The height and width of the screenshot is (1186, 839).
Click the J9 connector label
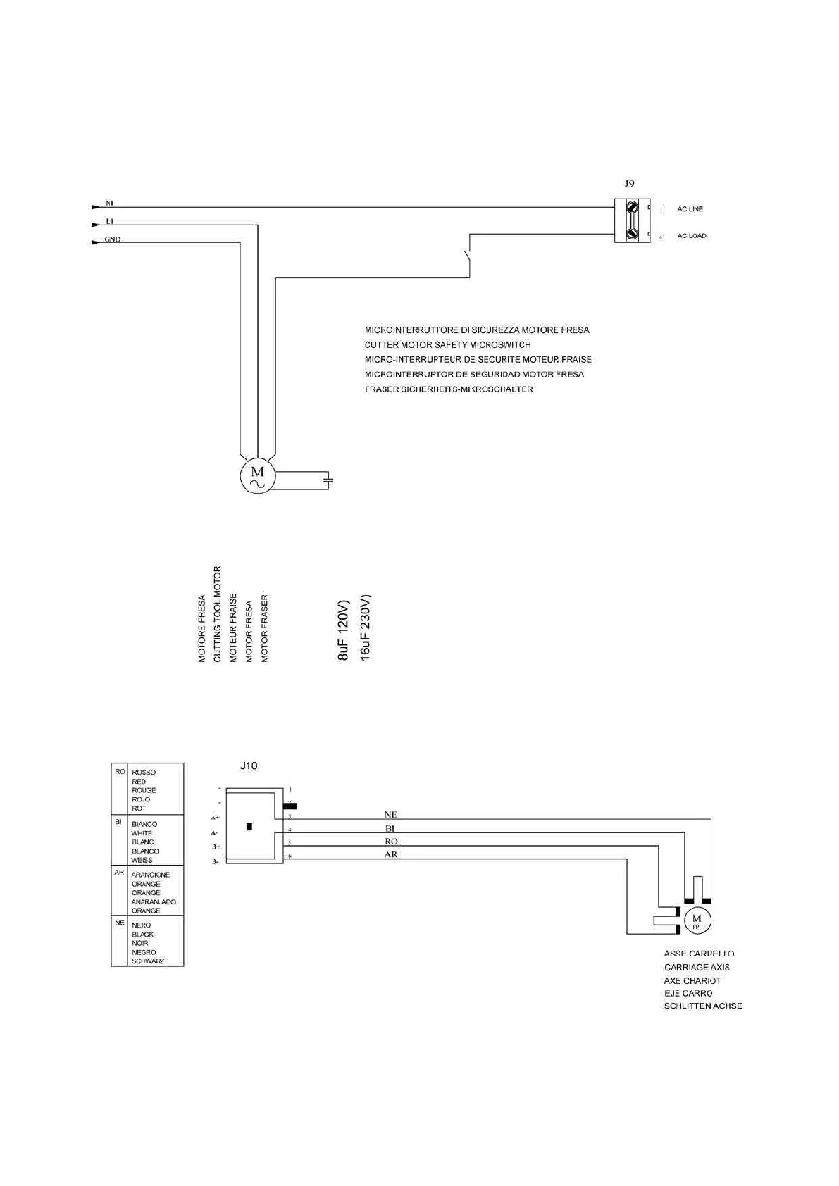[629, 183]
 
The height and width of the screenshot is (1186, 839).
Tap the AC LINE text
[690, 209]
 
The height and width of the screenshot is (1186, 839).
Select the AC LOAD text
[691, 236]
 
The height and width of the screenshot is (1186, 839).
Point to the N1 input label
[109, 204]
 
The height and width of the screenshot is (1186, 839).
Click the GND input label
[113, 239]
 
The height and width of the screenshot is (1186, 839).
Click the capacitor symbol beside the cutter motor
[327, 480]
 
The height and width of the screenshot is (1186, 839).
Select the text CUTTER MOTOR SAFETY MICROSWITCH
[447, 345]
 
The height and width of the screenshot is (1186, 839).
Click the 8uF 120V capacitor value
[343, 630]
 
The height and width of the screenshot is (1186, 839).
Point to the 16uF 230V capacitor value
[365, 628]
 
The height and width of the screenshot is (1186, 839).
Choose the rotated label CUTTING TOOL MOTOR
[217, 614]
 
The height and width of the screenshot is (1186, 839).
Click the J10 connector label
[249, 766]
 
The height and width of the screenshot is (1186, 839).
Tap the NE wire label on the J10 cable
[391, 815]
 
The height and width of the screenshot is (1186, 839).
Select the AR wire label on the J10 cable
[391, 854]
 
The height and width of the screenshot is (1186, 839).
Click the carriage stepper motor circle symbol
[697, 920]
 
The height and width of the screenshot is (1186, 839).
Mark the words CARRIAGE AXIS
[696, 968]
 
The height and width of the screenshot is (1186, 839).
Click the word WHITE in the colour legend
[142, 833]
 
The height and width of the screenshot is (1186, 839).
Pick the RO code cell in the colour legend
[120, 773]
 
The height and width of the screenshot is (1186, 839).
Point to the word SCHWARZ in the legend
[147, 961]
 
